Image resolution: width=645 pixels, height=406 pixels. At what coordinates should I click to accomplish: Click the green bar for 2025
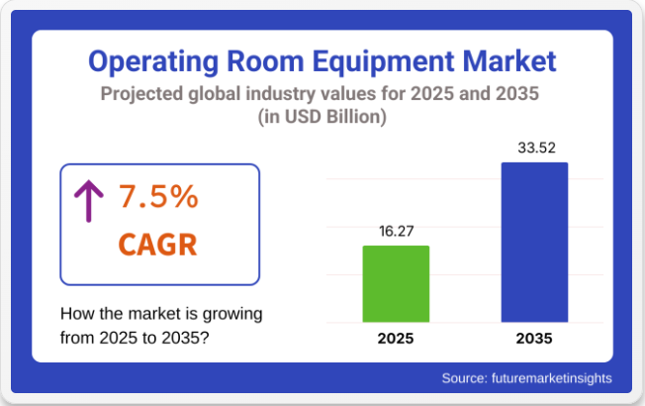point(396,283)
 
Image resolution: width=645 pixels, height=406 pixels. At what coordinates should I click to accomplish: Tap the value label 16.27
point(396,231)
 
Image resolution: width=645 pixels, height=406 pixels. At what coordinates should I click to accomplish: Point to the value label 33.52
point(534,149)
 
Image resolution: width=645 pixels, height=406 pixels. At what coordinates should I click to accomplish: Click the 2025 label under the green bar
point(396,339)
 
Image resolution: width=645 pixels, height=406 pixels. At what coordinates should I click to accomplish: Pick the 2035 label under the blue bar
point(534,339)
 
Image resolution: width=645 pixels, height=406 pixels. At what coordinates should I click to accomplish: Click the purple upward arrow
point(89,202)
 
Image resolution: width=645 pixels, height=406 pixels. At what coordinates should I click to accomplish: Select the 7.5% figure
point(158,197)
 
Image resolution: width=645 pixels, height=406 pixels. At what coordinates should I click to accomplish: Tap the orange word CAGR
point(156,244)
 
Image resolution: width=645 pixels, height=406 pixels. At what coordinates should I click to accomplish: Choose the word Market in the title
point(506,61)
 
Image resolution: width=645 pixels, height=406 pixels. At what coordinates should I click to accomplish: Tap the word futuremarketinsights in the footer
point(552,377)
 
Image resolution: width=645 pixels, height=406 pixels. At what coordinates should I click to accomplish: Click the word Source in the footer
point(465,377)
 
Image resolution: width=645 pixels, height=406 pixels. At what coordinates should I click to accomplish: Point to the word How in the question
point(77,314)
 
